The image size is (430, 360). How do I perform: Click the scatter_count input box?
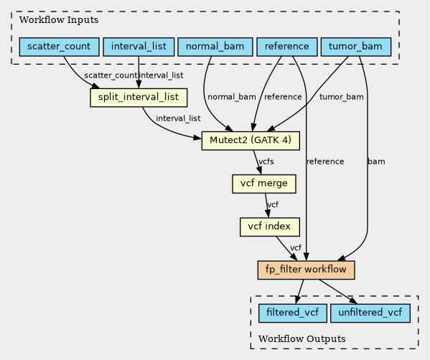(60, 47)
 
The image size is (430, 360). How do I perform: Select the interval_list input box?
(139, 47)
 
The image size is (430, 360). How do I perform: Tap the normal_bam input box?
(215, 47)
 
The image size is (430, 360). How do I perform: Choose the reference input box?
(287, 47)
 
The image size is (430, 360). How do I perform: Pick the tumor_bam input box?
(355, 47)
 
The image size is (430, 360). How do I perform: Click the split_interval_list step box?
(139, 98)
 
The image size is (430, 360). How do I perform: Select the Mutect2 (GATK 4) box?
(251, 141)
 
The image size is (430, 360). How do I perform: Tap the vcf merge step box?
(264, 184)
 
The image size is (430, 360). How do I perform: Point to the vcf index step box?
(270, 227)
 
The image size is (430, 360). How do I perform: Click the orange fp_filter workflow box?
(306, 270)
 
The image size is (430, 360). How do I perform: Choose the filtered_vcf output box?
(293, 313)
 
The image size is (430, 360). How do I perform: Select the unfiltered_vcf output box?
(370, 313)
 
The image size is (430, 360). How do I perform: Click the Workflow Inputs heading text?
(59, 20)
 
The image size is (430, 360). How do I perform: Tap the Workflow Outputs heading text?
(302, 339)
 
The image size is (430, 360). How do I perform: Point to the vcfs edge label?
(266, 162)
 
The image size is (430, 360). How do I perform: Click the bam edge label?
(376, 162)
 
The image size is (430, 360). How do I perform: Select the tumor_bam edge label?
(342, 97)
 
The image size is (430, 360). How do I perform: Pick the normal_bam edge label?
(232, 97)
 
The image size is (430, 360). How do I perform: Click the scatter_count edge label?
(111, 75)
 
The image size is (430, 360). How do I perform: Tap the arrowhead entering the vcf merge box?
(259, 171)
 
